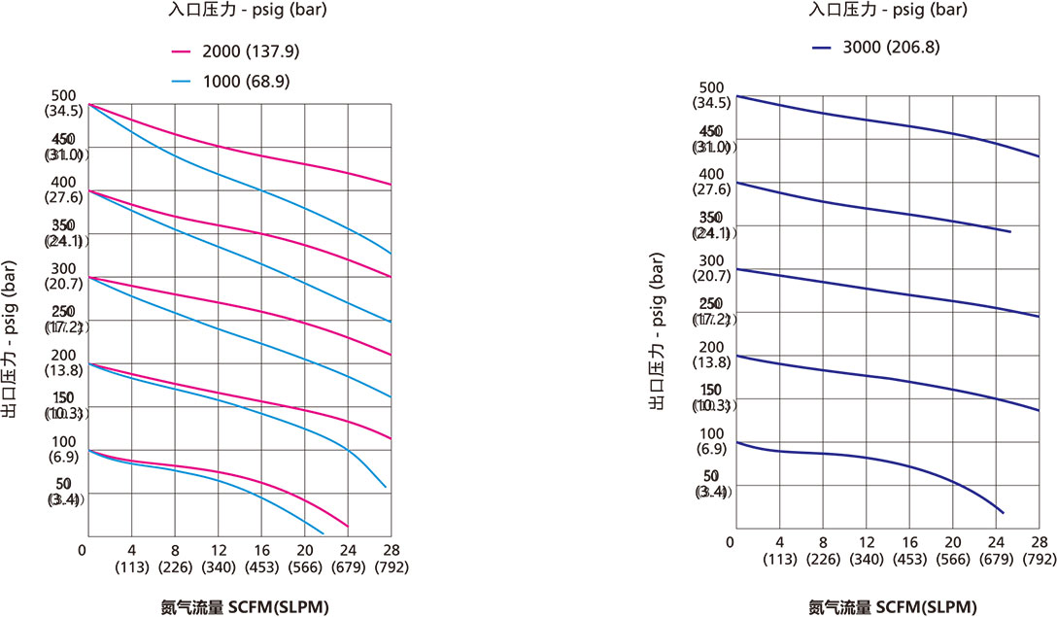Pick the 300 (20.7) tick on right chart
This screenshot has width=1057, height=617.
[713, 268]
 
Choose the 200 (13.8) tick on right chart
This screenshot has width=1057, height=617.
[713, 355]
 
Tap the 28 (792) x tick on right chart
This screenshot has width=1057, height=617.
[1039, 549]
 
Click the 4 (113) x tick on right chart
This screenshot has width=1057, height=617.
[779, 549]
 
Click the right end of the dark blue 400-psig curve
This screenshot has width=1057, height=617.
[1011, 231]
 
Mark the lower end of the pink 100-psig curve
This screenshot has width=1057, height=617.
[348, 526]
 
